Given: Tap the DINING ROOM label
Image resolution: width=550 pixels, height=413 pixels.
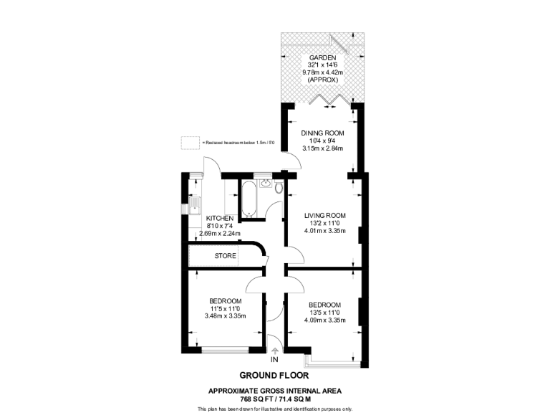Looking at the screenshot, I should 322,133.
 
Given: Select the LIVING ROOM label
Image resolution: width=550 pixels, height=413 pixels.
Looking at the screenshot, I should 324,215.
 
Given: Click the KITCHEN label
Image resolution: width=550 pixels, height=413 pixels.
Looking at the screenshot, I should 220,218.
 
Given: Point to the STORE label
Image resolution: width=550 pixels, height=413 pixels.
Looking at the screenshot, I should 225,255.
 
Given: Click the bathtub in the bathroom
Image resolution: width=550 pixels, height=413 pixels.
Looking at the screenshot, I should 249,200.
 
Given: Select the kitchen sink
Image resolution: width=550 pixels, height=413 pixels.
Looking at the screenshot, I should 194,209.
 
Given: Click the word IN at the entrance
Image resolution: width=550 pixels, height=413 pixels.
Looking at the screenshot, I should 274,359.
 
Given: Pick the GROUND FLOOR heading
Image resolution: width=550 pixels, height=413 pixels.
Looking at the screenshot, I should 274,375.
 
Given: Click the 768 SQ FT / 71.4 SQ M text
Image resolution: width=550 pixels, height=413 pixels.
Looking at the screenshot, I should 274,398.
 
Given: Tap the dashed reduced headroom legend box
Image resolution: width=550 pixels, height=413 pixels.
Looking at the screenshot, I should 190,143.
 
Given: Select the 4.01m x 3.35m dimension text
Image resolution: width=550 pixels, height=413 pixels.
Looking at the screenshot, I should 324,231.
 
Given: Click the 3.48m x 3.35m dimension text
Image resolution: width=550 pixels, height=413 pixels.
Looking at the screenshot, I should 225,316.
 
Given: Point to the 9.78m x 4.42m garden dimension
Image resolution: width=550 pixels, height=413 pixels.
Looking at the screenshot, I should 322,72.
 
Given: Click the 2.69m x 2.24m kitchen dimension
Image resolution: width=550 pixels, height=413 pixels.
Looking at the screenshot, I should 219,234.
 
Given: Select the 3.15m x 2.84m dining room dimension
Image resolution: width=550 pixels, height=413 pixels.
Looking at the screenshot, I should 322,149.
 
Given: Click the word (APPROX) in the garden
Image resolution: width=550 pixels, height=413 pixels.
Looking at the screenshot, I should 322,80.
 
